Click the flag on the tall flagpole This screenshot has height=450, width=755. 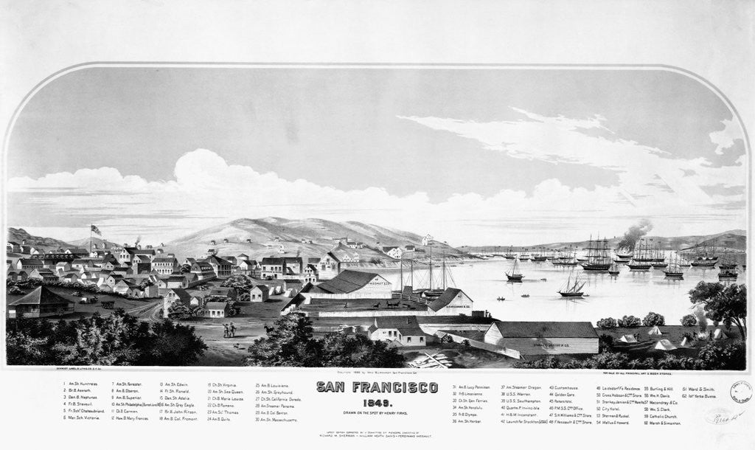click(95, 229)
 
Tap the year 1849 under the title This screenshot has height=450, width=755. click(377, 400)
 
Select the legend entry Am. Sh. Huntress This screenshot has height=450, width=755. click(81, 384)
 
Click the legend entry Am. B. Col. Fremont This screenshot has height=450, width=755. click(180, 418)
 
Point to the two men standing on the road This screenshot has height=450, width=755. click(229, 330)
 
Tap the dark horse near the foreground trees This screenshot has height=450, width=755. click(269, 330)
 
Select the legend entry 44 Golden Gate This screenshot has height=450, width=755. click(566, 395)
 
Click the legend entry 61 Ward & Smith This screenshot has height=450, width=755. click(698, 387)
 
